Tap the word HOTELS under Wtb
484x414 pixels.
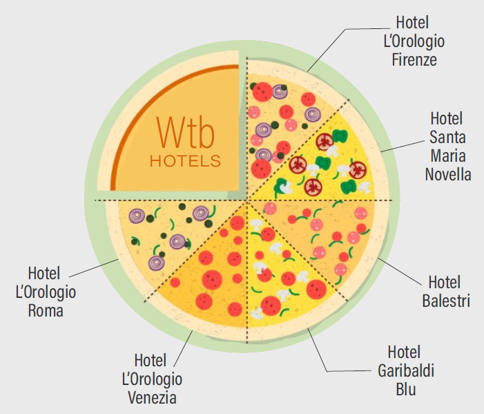(185, 161)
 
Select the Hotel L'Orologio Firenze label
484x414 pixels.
(414, 41)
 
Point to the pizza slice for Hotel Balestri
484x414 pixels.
(325, 235)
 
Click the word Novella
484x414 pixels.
(447, 173)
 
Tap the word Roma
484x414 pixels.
(46, 310)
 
